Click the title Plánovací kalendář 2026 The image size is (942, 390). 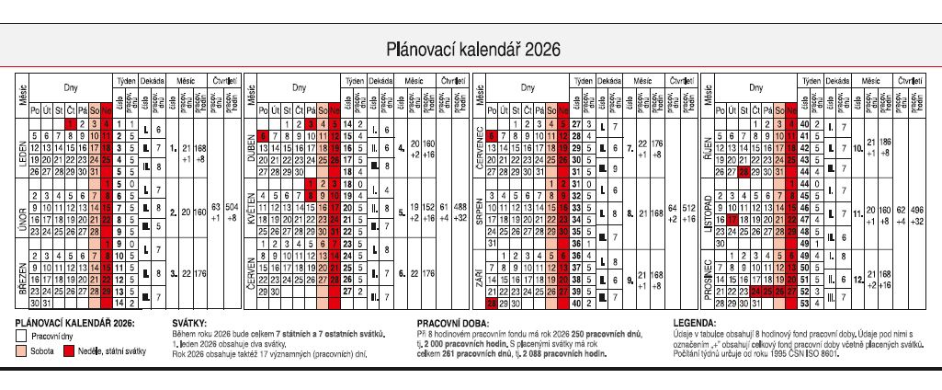(471, 49)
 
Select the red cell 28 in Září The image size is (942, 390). (492, 303)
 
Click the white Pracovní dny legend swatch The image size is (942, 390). (23, 337)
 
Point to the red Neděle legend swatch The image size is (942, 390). (69, 350)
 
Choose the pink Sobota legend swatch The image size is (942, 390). (23, 350)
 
